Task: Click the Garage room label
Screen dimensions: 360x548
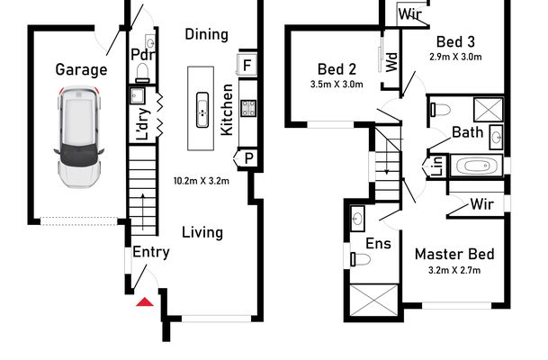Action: tap(81, 69)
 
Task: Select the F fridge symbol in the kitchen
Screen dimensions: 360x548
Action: tap(247, 64)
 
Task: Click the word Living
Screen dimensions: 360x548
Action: tap(202, 232)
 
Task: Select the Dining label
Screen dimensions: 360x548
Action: tap(206, 34)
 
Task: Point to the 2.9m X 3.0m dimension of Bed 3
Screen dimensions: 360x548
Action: tap(456, 56)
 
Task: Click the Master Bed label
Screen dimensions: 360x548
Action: tap(454, 254)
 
